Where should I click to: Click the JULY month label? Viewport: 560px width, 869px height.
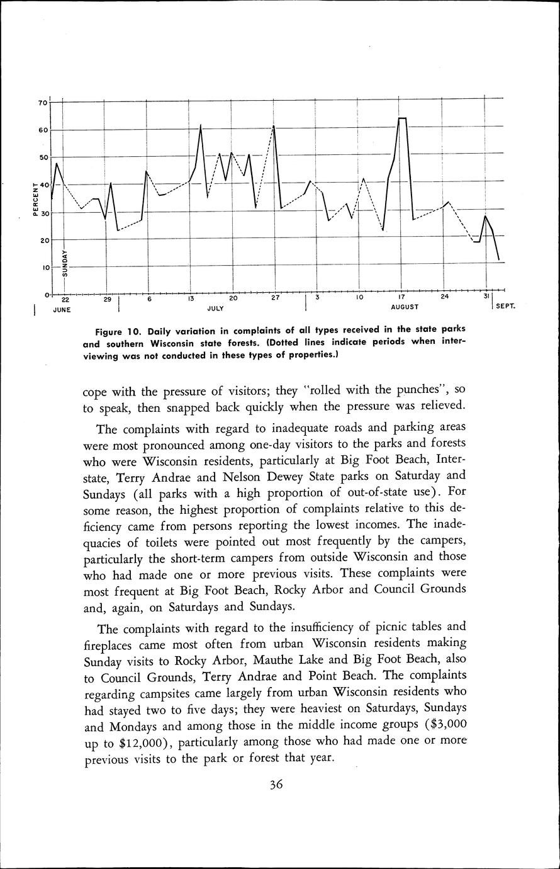pyautogui.click(x=216, y=310)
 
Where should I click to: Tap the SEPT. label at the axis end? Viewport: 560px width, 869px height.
pyautogui.click(x=505, y=307)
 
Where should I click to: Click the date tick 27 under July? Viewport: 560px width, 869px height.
pyautogui.click(x=275, y=298)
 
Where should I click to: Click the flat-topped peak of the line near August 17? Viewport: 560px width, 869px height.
pyautogui.click(x=402, y=118)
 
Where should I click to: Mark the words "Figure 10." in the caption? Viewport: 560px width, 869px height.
pyautogui.click(x=119, y=331)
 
